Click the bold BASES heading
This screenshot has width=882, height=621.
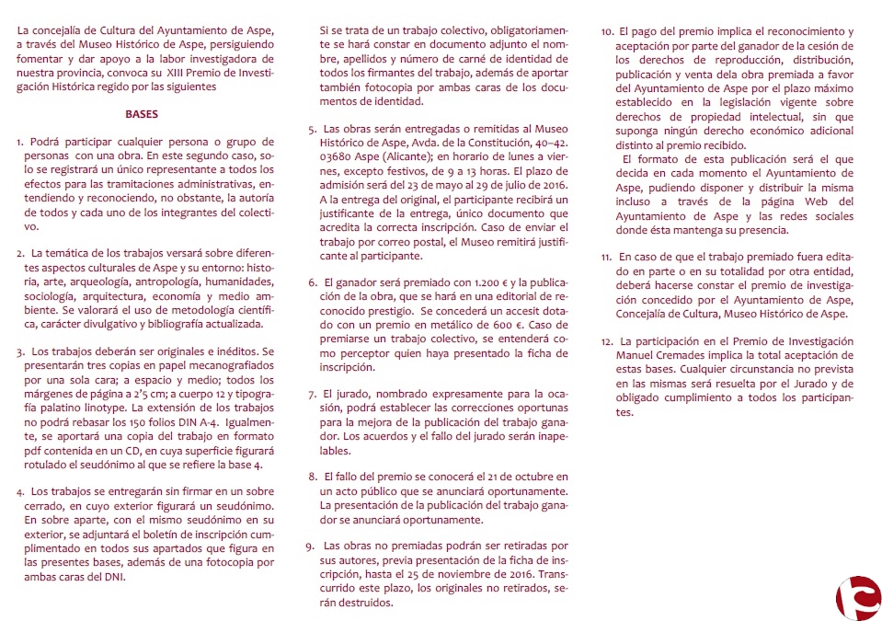pyautogui.click(x=142, y=115)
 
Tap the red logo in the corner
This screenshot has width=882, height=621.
pyautogui.click(x=857, y=597)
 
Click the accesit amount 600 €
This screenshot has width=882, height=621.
pyautogui.click(x=534, y=325)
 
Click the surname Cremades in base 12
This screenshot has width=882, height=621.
pyautogui.click(x=693, y=356)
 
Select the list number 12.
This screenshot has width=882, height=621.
pyautogui.click(x=606, y=341)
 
